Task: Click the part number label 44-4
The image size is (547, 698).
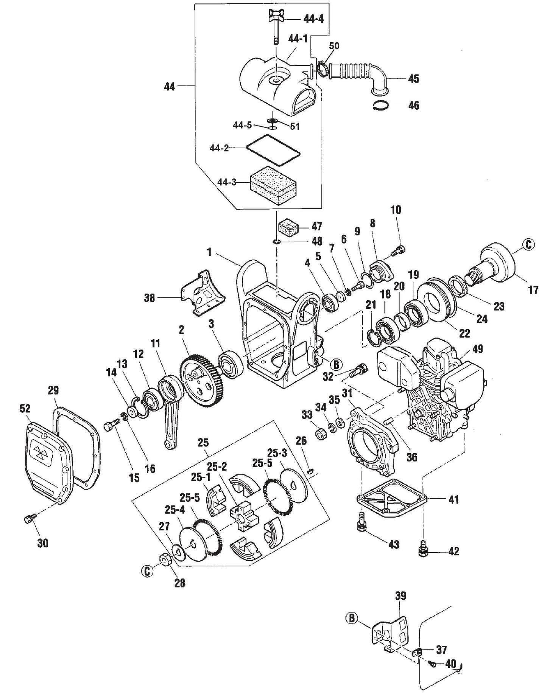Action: [x=313, y=18]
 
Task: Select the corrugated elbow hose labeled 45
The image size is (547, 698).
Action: [x=358, y=73]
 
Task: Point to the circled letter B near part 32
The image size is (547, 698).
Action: [x=336, y=364]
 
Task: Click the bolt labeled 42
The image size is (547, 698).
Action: [x=423, y=550]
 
